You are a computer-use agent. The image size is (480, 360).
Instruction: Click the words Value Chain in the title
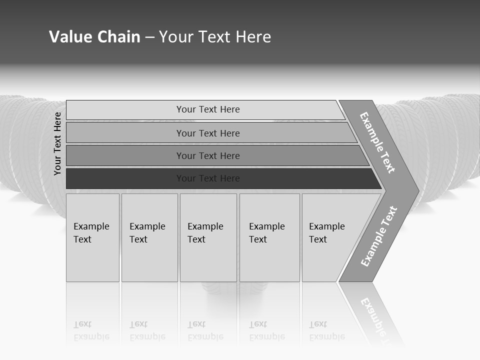94,37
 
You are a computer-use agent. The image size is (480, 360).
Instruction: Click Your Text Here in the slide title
215,37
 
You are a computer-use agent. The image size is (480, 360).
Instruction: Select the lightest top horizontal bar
125,109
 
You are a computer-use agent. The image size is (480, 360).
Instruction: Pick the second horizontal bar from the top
125,133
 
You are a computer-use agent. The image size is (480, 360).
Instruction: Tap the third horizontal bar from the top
125,155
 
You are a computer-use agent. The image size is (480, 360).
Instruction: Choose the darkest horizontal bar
125,178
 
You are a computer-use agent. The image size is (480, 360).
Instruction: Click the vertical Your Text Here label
57,143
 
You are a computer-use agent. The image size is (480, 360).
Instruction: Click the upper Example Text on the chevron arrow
377,142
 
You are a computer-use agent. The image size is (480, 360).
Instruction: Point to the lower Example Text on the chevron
379,236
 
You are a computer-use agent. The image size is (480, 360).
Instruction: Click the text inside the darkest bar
208,178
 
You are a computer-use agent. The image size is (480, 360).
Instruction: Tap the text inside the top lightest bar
208,109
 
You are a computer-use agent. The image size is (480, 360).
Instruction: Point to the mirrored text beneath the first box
91,331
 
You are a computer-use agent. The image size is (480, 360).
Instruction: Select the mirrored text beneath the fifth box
326,331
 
